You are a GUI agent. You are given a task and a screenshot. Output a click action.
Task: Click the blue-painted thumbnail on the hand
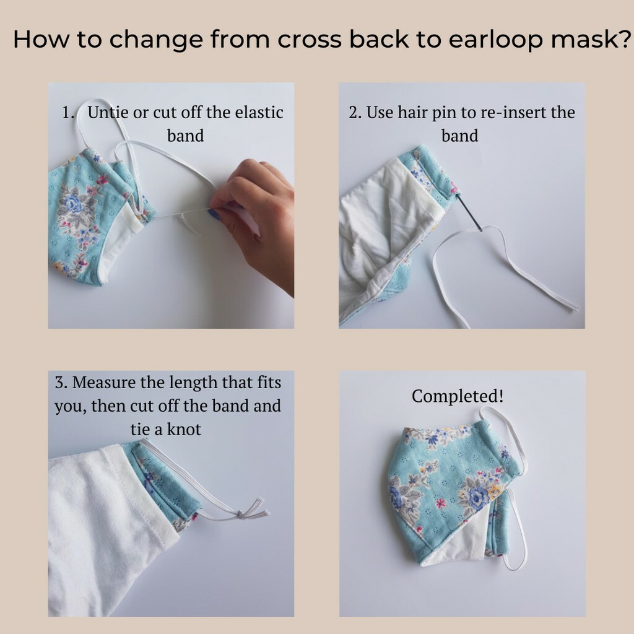[214, 214]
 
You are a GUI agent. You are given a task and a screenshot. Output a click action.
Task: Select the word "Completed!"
[458, 396]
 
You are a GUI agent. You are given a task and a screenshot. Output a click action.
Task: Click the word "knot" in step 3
[184, 429]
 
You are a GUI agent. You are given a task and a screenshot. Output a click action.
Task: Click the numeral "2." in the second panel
[355, 113]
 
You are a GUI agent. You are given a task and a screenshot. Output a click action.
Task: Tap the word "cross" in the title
[310, 40]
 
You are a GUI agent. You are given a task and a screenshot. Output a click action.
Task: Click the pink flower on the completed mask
[441, 503]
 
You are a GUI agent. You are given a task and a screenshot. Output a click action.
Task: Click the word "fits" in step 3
[269, 382]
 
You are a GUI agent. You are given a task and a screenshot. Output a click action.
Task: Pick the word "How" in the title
[41, 40]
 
